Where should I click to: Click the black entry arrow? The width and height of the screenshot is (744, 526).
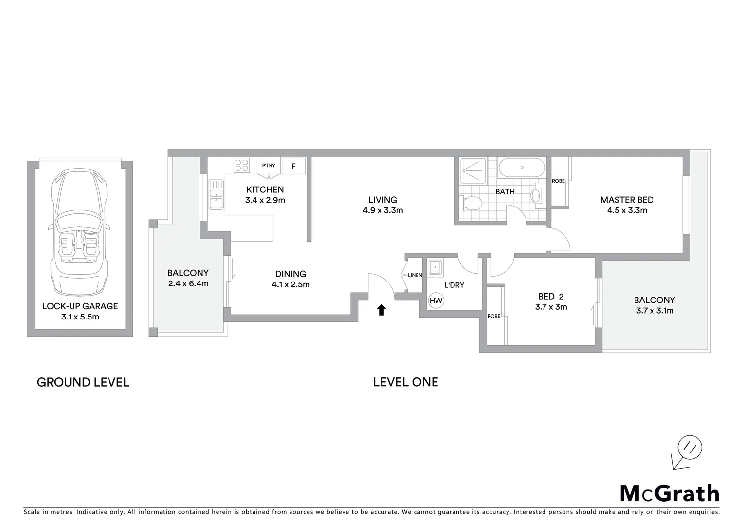(x=381, y=310)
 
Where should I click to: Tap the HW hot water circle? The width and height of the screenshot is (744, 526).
(x=436, y=301)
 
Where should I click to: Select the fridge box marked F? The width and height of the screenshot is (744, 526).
(x=293, y=166)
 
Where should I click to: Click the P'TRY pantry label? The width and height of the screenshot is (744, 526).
(x=269, y=166)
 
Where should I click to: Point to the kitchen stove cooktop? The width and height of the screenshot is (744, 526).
(x=241, y=166)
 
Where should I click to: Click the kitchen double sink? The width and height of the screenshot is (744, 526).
(x=216, y=194)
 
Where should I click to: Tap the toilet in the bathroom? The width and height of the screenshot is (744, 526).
(x=471, y=202)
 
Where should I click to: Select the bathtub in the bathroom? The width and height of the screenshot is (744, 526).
(x=522, y=168)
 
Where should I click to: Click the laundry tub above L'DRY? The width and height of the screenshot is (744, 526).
(x=435, y=267)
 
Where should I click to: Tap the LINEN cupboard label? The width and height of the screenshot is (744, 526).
(x=415, y=275)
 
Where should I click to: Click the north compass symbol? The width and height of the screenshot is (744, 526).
(x=690, y=448)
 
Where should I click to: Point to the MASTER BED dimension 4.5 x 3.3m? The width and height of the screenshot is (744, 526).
(x=627, y=210)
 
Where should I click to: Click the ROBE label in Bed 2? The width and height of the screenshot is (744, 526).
(x=494, y=316)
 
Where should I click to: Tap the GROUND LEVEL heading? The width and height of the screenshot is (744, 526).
(x=83, y=382)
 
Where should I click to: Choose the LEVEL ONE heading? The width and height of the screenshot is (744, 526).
(x=405, y=382)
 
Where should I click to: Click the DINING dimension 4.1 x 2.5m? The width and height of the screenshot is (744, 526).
(x=290, y=284)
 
